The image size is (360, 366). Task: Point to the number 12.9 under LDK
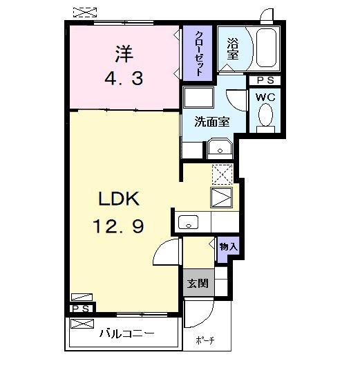click(x=117, y=226)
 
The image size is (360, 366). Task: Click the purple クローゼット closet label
click(x=198, y=53)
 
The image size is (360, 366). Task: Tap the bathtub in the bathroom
click(x=264, y=48)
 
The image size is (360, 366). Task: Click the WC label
click(x=265, y=98)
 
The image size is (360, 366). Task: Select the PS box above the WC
click(x=265, y=80)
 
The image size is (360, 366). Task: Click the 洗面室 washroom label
click(x=211, y=122)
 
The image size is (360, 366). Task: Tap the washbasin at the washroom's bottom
click(x=220, y=149)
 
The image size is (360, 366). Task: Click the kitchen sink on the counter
click(x=189, y=222)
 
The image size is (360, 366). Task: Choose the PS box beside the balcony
click(x=79, y=309)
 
